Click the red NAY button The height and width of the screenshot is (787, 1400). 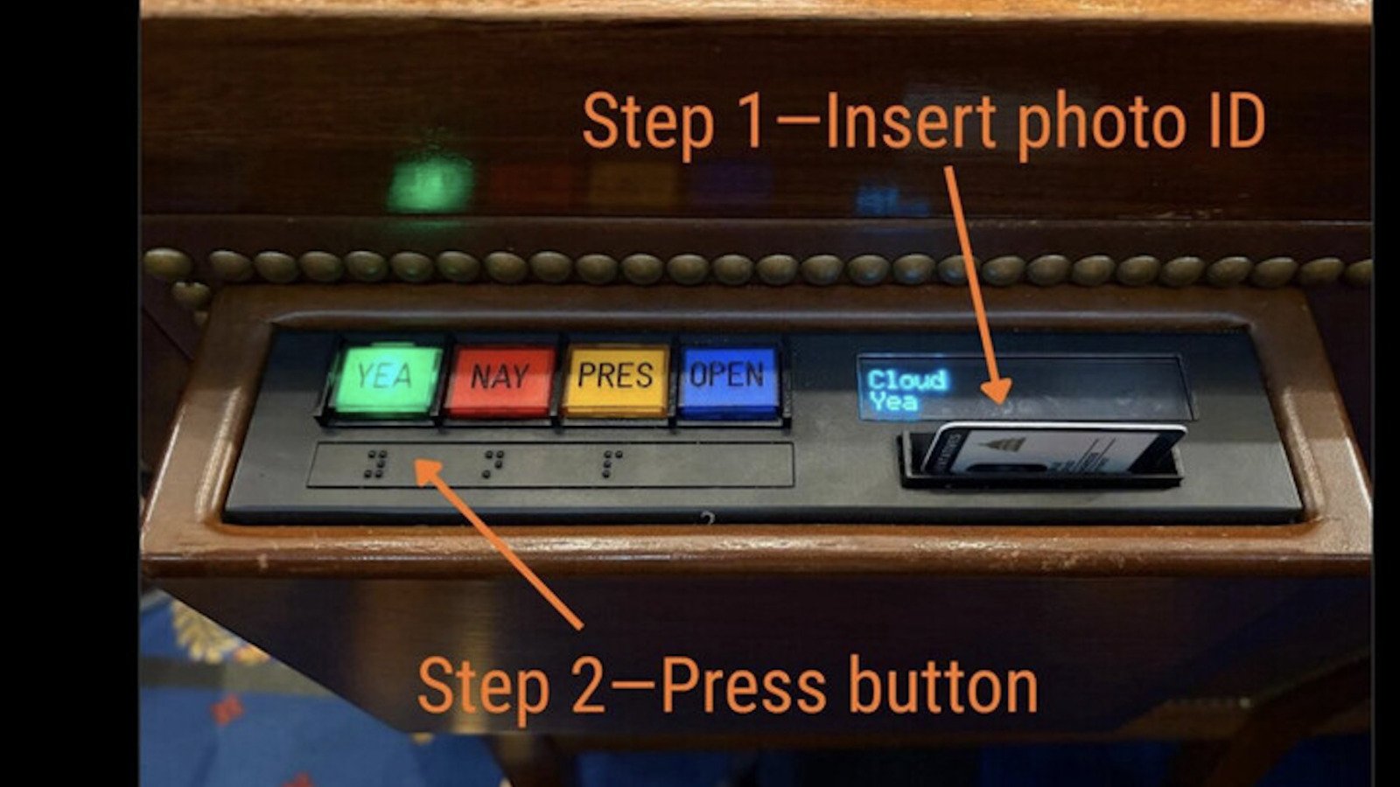click(500, 381)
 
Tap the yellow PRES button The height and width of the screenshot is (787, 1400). click(616, 380)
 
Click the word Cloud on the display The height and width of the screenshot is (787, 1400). click(907, 380)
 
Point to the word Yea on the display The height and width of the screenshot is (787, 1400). click(894, 401)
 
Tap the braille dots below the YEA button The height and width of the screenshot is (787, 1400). click(375, 464)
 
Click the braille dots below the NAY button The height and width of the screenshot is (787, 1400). click(493, 464)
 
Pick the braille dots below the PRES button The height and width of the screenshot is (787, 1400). click(612, 464)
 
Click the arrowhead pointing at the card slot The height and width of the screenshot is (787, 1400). click(997, 390)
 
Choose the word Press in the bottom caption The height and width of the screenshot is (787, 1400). click(745, 687)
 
